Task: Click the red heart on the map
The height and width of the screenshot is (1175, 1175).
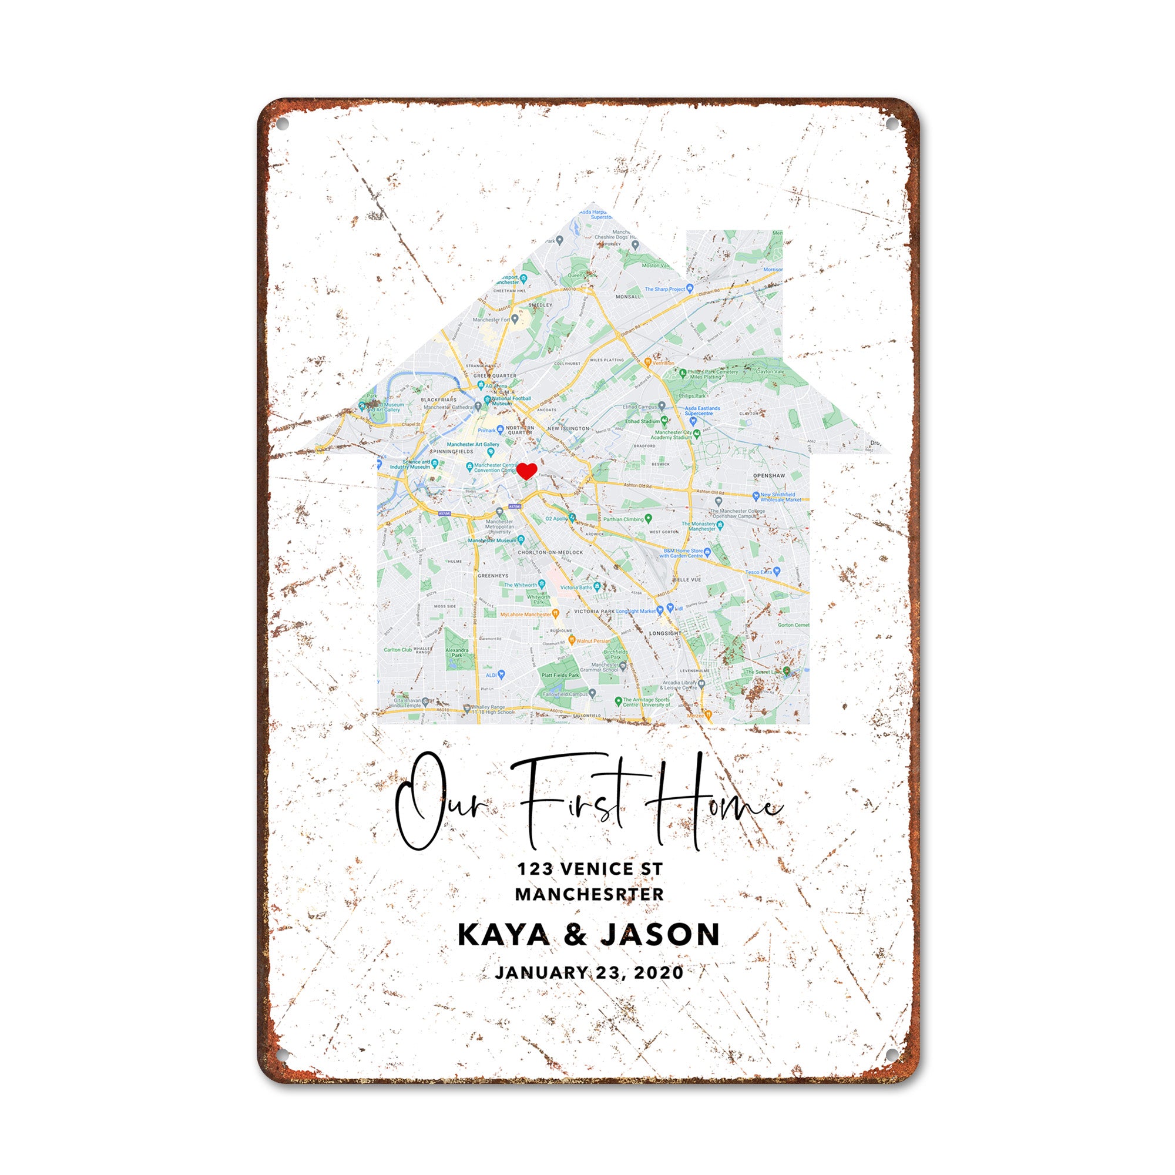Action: click(x=526, y=471)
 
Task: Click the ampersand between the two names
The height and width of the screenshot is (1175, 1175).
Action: click(x=575, y=935)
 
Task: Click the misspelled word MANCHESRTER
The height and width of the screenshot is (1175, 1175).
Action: click(x=589, y=895)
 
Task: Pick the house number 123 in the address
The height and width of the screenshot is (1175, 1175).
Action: click(x=535, y=869)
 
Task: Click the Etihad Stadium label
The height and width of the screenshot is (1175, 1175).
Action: click(x=643, y=421)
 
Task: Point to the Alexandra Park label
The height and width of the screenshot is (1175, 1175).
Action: click(x=456, y=653)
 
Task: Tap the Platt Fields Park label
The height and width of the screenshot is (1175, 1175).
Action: click(x=560, y=675)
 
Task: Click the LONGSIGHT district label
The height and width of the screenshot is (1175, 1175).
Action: click(x=666, y=633)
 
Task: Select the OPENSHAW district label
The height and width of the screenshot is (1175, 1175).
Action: click(x=768, y=476)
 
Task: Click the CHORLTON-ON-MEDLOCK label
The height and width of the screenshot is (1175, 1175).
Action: click(x=550, y=552)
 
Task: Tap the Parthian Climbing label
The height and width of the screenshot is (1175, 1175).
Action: click(x=623, y=519)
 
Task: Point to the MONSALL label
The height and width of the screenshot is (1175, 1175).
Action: click(x=628, y=297)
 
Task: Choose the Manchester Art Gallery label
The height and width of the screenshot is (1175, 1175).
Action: click(x=472, y=445)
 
